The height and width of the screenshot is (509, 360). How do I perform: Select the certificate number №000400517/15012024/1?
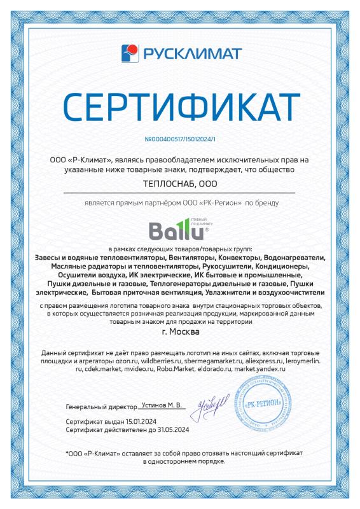[x=180, y=139]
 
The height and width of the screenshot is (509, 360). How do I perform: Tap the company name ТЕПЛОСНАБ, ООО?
[x=180, y=185]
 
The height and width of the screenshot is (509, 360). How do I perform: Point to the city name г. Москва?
[x=181, y=331]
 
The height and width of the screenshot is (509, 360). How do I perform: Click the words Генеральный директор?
[x=100, y=405]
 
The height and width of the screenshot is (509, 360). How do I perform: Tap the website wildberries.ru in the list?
[x=148, y=360]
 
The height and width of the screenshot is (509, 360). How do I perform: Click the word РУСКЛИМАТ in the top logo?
[x=189, y=52]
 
